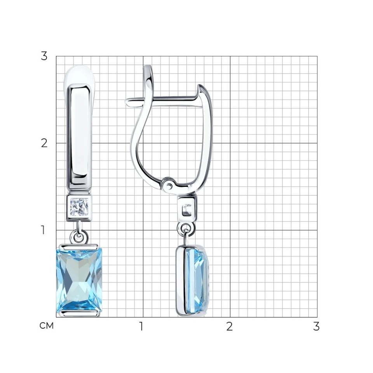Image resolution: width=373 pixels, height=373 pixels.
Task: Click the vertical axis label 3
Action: tap(44, 56)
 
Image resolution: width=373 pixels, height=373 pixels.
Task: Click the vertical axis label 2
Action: tap(44, 143)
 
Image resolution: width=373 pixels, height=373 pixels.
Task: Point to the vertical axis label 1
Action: tap(43, 230)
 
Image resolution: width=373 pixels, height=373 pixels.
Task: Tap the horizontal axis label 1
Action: tap(141, 326)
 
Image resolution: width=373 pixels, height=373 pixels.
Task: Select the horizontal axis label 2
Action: tap(229, 326)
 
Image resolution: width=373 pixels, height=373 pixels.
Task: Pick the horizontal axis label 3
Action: tap(316, 326)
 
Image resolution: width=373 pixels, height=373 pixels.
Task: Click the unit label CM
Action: tap(47, 326)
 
